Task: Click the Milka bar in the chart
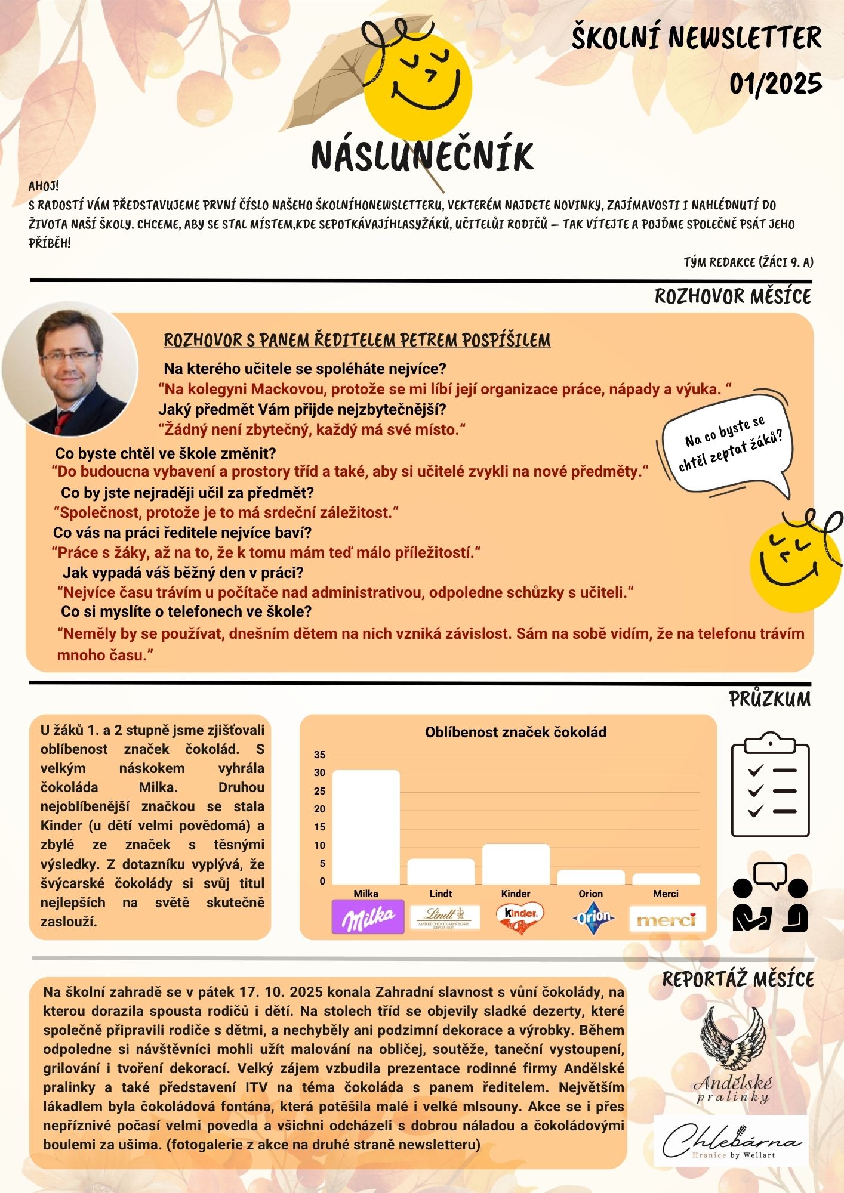point(366,827)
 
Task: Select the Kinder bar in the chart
point(516,864)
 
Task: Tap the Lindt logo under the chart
point(445,917)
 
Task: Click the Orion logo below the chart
point(593,917)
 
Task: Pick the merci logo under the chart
point(667,919)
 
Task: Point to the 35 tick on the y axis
point(320,755)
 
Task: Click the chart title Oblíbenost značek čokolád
point(515,733)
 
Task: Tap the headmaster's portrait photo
point(70,369)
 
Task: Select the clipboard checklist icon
point(770,786)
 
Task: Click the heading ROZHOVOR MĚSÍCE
point(732,296)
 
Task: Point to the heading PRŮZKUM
point(769,699)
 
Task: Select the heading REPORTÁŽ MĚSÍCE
point(738,979)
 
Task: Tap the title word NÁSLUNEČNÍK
point(422,156)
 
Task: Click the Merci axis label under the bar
point(666,894)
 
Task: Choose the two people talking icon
point(770,898)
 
